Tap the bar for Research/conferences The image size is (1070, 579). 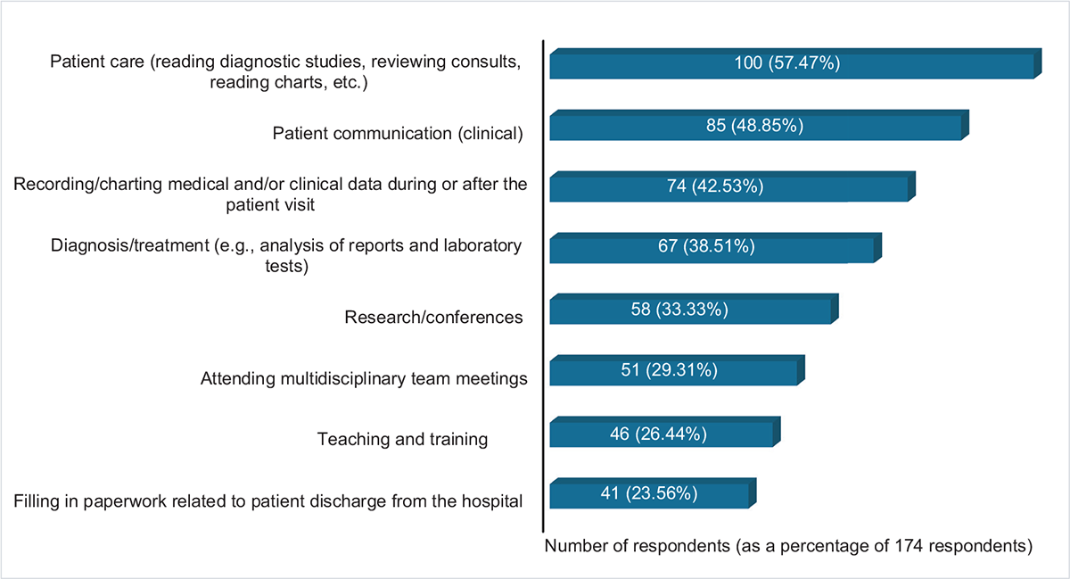click(x=785, y=311)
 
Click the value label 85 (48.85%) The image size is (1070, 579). click(x=755, y=126)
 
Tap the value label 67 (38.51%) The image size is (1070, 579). click(x=711, y=248)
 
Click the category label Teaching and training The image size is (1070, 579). click(x=402, y=440)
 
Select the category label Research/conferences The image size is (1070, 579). click(x=433, y=318)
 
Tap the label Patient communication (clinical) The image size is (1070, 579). click(x=396, y=134)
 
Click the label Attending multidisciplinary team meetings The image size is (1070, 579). click(x=364, y=379)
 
